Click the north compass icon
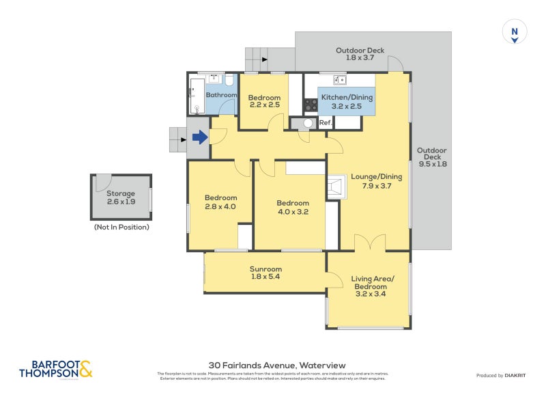515,32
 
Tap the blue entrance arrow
199,138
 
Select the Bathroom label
221,95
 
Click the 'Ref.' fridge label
325,123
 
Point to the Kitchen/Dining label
347,102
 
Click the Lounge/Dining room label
376,181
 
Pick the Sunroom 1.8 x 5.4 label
265,273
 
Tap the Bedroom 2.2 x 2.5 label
263,100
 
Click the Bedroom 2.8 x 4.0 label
220,202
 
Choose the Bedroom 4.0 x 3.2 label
292,207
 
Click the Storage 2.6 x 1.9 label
121,197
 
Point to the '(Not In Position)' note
121,227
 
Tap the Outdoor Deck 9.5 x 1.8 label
431,157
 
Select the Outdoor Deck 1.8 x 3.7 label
360,54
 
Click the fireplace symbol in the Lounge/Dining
334,187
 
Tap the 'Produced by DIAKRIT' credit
504,375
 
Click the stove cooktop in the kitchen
311,105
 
